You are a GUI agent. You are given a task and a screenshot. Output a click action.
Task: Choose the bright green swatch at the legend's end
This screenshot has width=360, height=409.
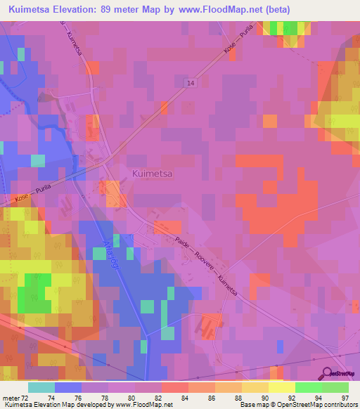click(x=335, y=388)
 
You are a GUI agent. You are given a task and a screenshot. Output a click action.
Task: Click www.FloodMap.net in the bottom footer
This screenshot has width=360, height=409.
click(x=143, y=404)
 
